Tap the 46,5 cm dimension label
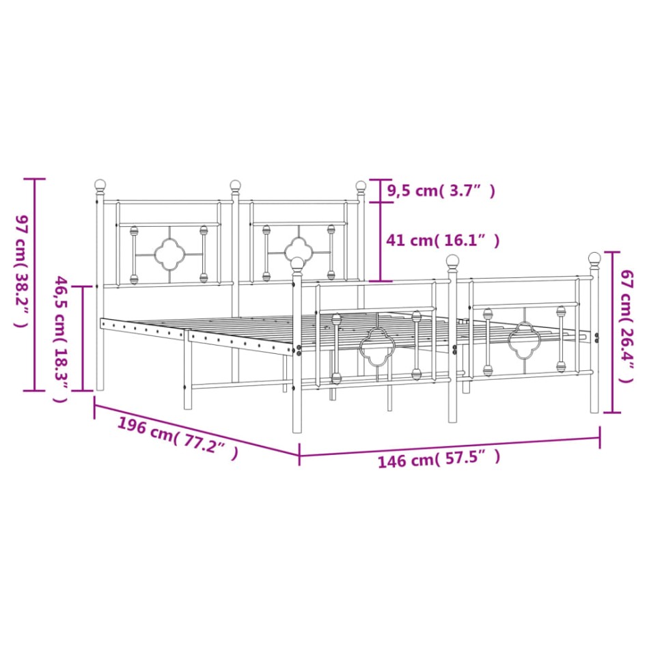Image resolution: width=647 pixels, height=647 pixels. (x=61, y=339)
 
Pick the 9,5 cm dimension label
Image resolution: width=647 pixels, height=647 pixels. (x=441, y=191)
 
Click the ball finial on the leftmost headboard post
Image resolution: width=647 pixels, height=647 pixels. (x=100, y=184)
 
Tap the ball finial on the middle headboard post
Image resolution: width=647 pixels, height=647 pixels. (x=235, y=184)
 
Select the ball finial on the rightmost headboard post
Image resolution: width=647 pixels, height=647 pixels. (x=361, y=185)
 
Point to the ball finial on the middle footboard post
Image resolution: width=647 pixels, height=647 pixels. (x=452, y=260)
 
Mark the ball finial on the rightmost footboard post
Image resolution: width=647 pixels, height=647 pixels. (x=594, y=258)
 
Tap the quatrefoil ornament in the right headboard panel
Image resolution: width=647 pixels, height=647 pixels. (x=299, y=250)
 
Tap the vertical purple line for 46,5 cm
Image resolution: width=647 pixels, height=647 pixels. (x=83, y=339)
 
